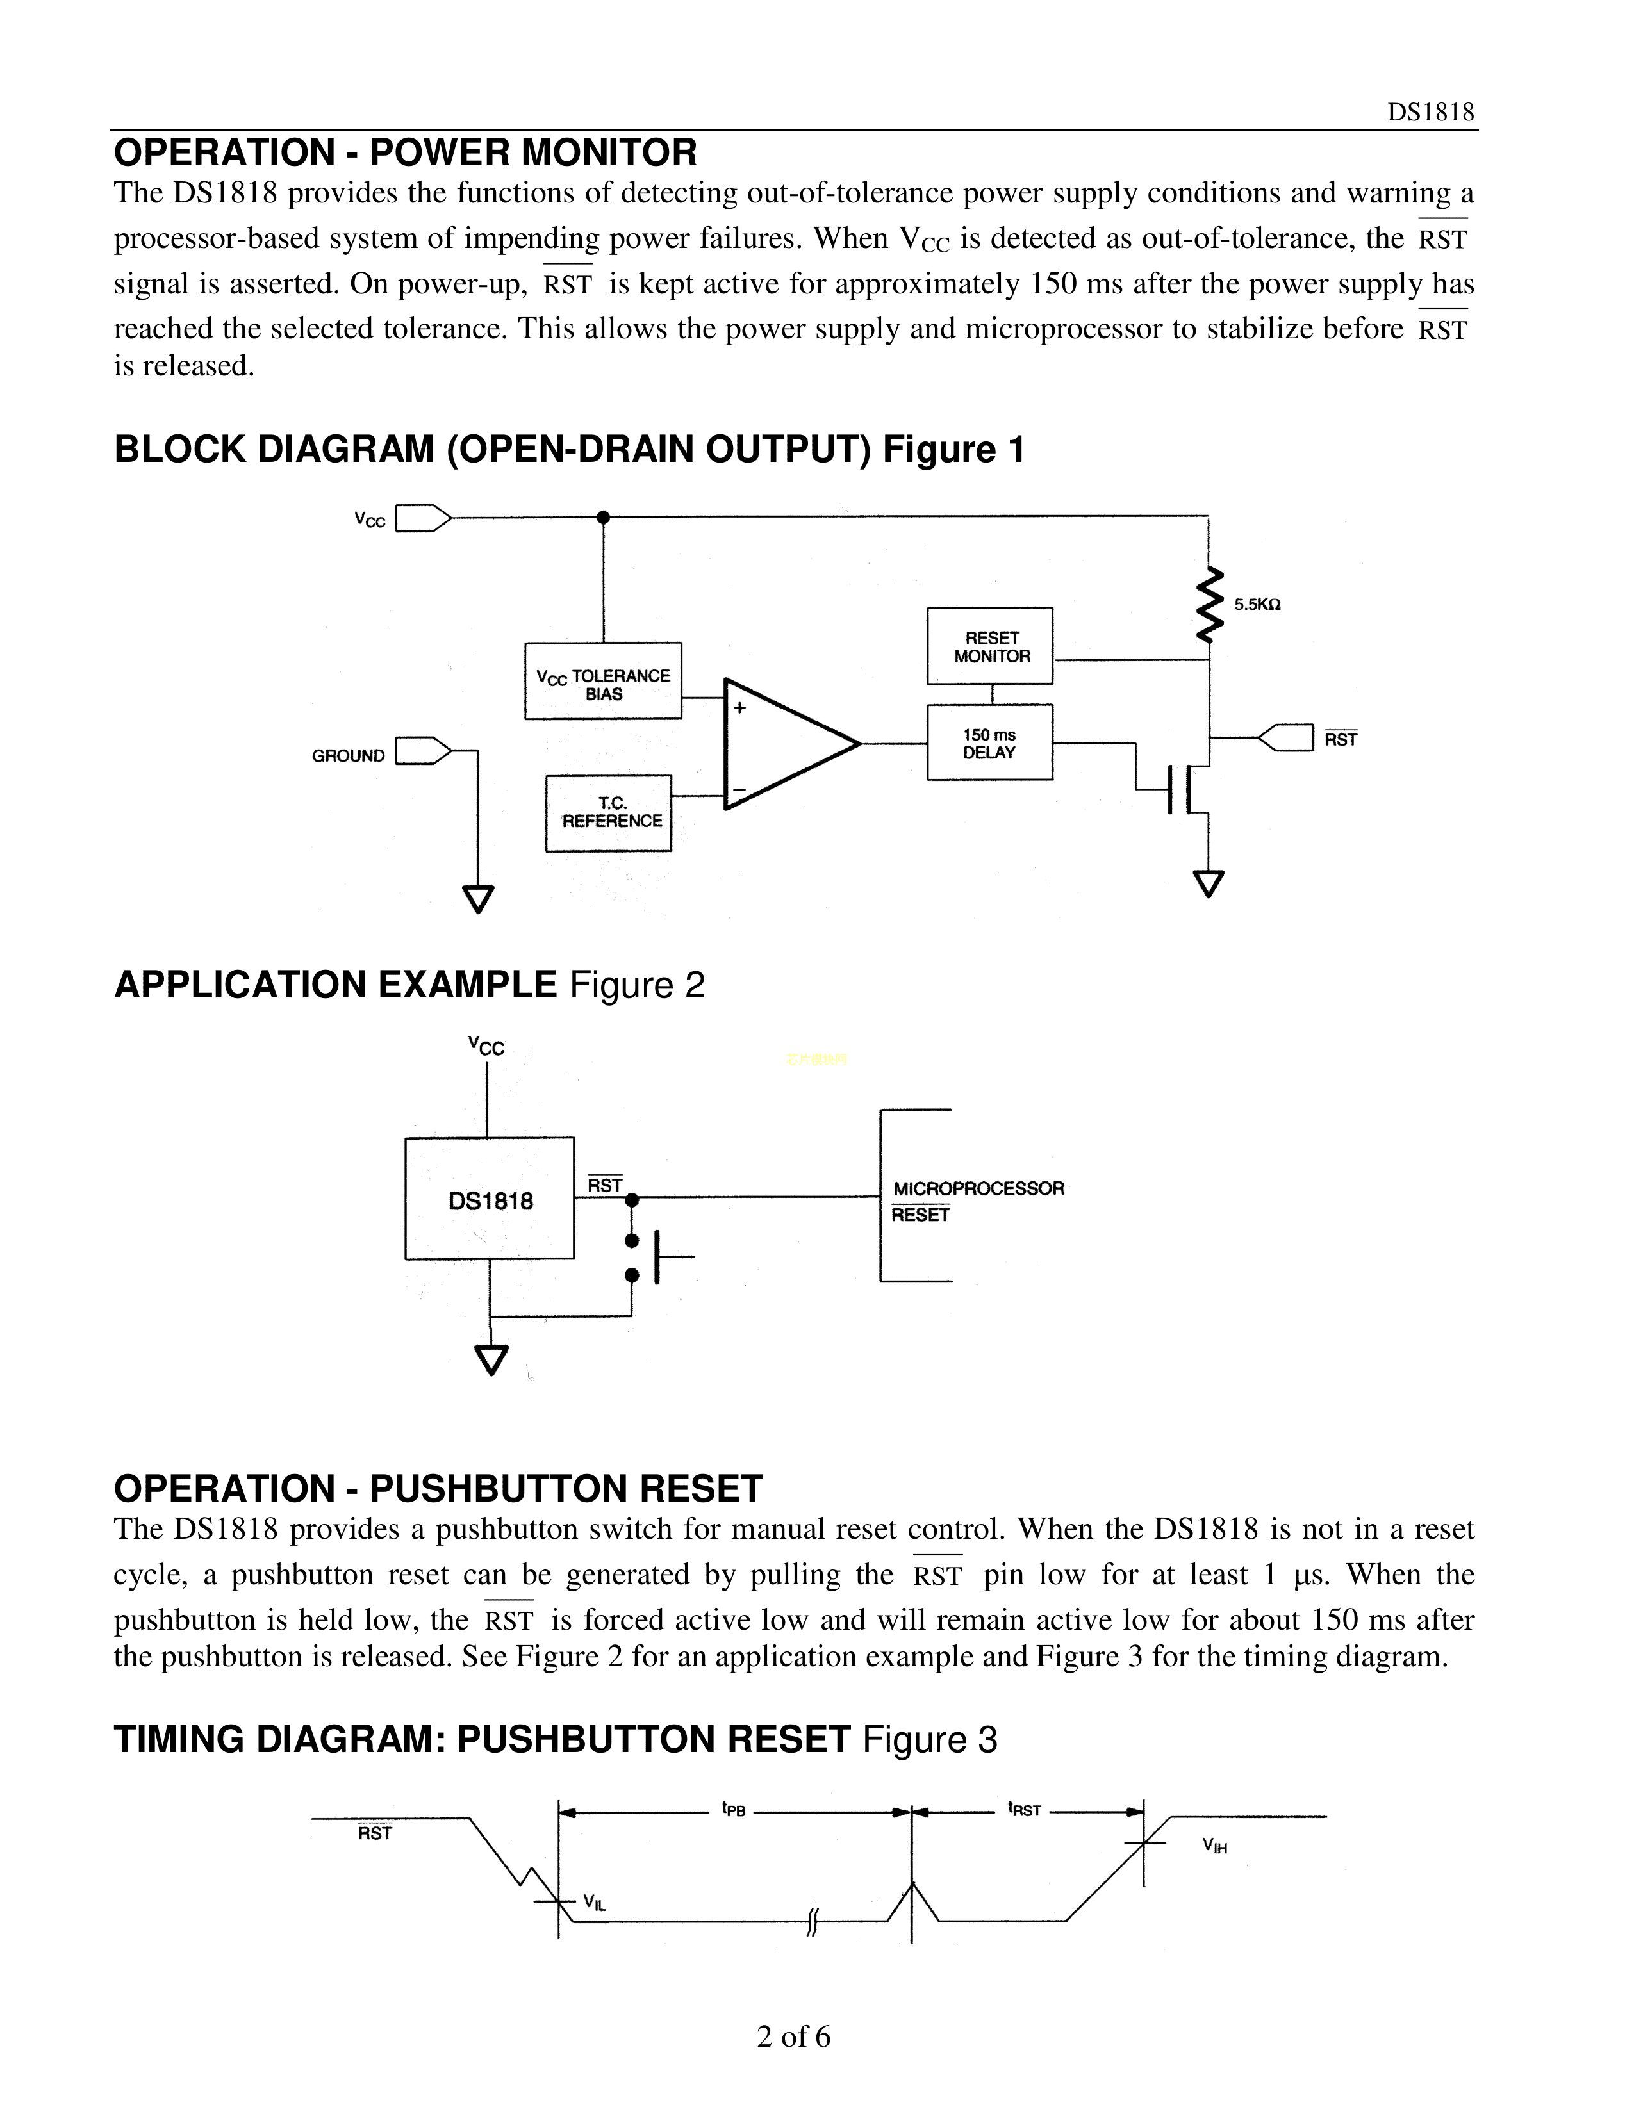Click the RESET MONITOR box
point(989,646)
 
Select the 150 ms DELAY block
point(989,742)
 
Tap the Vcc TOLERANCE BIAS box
point(603,682)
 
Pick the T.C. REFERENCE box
point(609,813)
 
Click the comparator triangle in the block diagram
point(784,743)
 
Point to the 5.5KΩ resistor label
point(1257,605)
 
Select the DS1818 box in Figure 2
point(489,1199)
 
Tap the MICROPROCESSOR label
point(978,1188)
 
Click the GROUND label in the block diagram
point(347,756)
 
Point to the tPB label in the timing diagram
point(734,1809)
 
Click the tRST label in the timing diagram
point(1024,1809)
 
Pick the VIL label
point(595,1903)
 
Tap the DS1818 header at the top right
point(1430,112)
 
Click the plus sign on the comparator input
point(739,708)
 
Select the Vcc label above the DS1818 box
point(486,1045)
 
